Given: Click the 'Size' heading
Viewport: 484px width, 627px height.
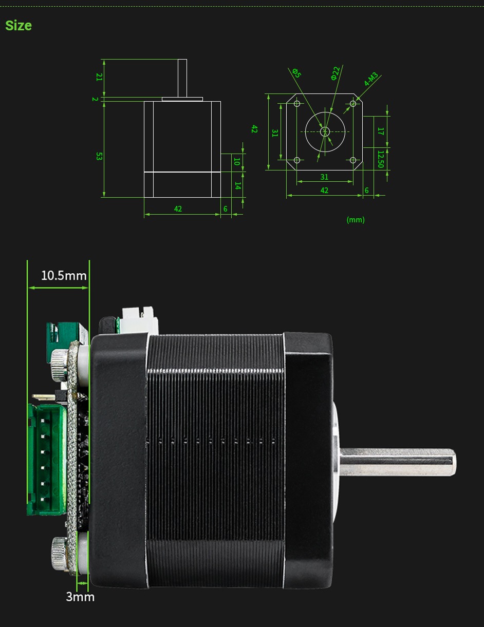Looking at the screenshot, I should pos(18,25).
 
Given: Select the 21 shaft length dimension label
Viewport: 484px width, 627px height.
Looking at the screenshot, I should pos(99,77).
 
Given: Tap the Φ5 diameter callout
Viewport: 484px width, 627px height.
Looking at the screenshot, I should pos(296,73).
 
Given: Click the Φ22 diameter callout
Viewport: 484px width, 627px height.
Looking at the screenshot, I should pos(335,73).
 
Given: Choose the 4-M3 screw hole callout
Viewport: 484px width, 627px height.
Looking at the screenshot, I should pos(371,79).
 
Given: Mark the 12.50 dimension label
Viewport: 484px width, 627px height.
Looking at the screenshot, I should pos(380,159).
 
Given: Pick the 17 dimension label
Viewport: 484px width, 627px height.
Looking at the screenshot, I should pos(380,131).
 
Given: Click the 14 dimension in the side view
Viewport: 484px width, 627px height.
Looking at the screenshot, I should pos(237,185).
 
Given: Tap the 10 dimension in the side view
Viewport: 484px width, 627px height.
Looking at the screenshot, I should pos(237,161).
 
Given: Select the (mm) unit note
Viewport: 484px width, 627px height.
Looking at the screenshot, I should pos(356,220).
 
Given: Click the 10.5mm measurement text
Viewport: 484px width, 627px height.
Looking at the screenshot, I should pos(64,276).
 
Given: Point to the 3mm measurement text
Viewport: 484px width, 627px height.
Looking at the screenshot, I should pos(80,597).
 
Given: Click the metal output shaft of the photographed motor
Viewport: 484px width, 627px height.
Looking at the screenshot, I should pos(398,462).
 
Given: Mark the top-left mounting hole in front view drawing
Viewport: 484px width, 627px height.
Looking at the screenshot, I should pos(297,104).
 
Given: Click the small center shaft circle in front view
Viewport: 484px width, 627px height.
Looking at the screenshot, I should pos(325,131).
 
